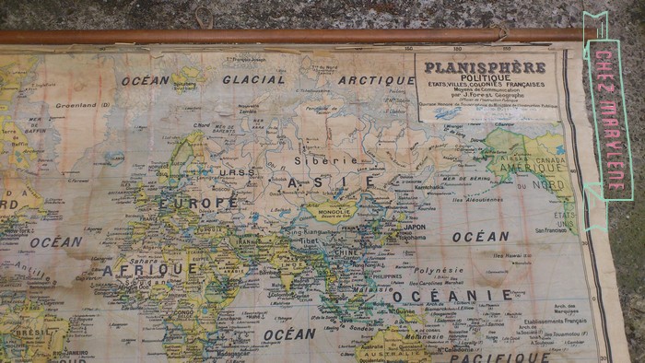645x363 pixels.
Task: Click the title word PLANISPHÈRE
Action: [x=485, y=66]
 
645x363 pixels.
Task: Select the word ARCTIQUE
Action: [x=375, y=80]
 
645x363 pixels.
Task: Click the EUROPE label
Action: [x=198, y=201]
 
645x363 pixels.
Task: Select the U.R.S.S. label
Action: [x=238, y=172]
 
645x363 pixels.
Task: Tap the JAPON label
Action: [x=415, y=227]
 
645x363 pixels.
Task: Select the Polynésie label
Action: [x=439, y=271]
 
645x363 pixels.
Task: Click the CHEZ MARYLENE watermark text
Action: [x=607, y=117]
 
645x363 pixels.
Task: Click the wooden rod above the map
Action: [x=276, y=36]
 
